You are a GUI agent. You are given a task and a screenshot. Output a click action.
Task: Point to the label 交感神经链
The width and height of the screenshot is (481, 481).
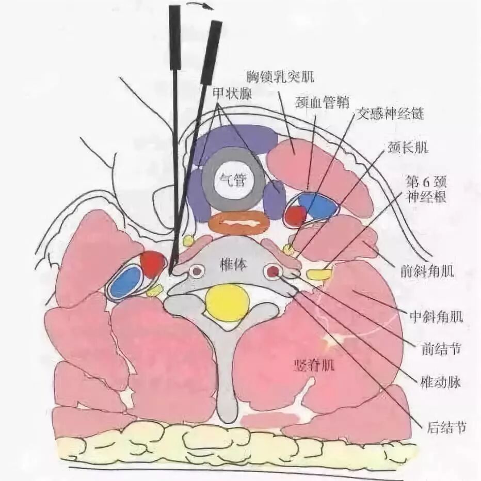point(390,113)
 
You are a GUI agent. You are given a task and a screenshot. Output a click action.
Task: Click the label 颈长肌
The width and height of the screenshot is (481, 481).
point(407,148)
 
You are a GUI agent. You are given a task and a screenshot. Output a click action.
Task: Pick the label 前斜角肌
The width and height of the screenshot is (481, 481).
point(427,271)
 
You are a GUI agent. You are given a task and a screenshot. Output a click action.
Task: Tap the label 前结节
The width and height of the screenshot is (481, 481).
point(440,351)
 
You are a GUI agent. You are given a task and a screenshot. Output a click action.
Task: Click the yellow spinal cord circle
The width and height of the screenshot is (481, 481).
point(228,302)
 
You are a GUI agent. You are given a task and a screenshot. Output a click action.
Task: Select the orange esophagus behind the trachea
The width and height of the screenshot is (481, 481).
point(238,223)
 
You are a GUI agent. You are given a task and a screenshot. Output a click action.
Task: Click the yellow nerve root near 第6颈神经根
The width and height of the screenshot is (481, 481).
point(318,274)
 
